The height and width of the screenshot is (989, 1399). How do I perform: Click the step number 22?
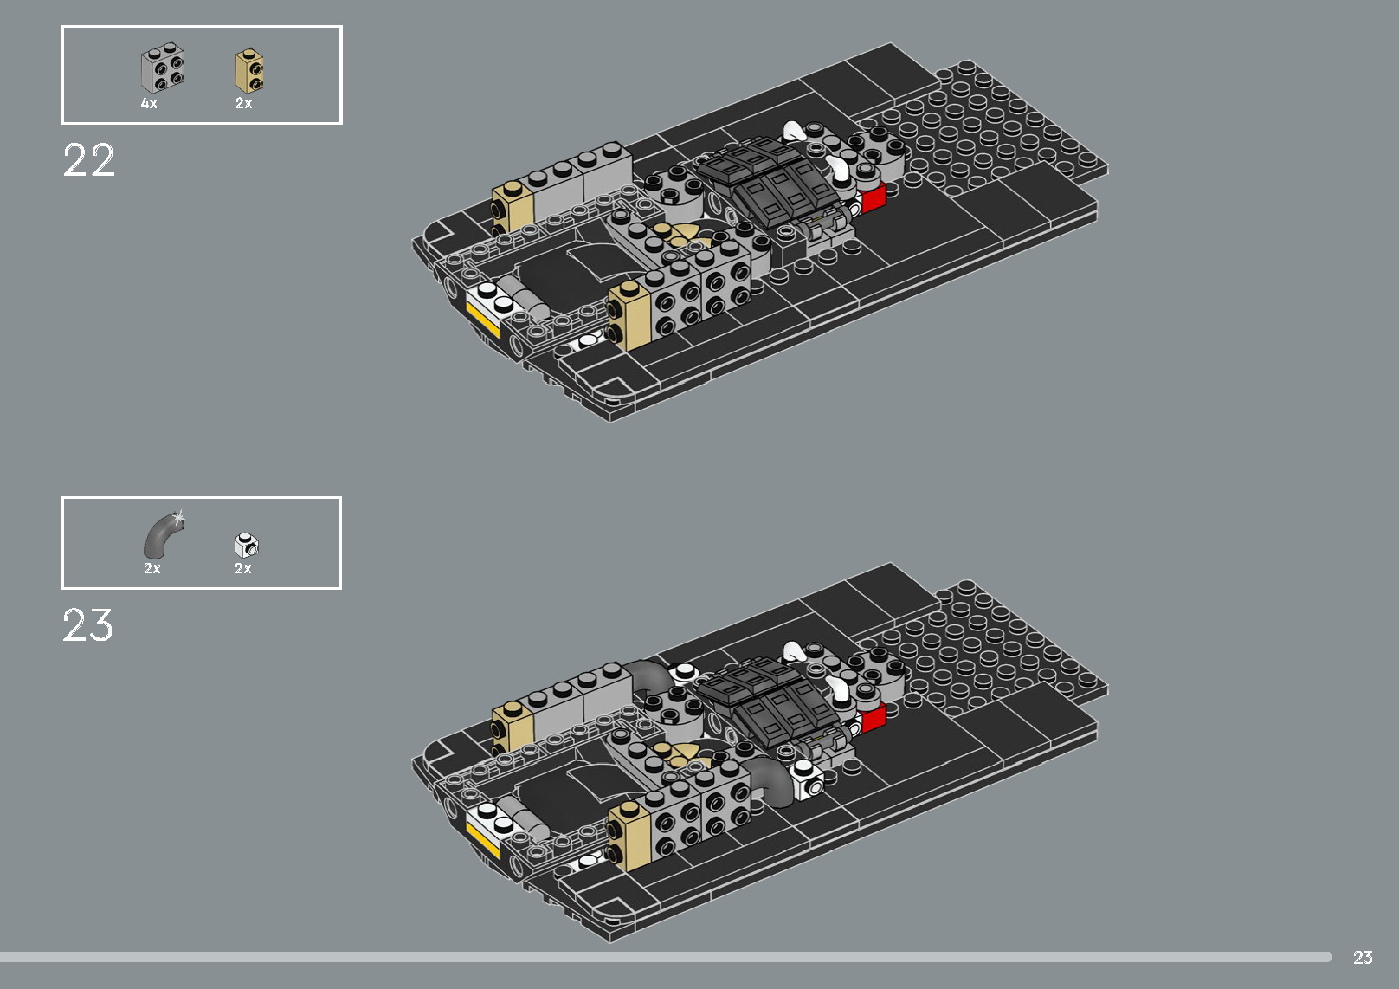tap(88, 161)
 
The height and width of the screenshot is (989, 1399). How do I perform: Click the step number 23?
tap(87, 625)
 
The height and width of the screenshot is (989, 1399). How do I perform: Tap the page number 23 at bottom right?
tap(1363, 957)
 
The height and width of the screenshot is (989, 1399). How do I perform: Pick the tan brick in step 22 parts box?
tap(249, 71)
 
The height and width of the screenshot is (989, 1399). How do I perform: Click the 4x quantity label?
tap(149, 103)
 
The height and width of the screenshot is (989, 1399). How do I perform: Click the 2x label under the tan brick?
tap(244, 103)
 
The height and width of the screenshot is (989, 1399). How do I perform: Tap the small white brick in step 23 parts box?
tap(247, 545)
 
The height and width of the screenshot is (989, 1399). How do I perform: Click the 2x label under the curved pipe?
tap(152, 568)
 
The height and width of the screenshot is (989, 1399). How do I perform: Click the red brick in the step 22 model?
tap(873, 198)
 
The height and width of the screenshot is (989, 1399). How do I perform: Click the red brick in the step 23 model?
tap(873, 718)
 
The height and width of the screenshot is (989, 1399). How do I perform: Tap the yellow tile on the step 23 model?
tap(482, 837)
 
